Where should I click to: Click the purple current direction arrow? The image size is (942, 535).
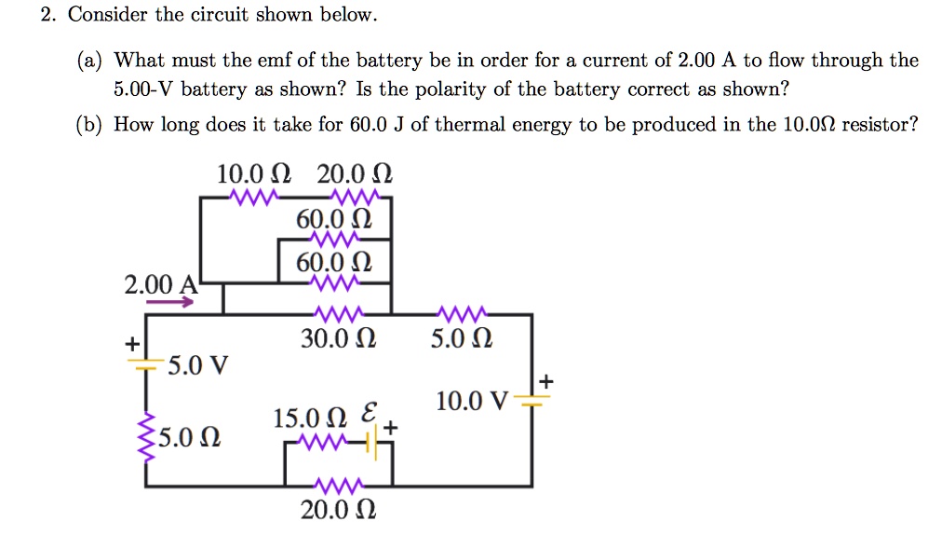coord(170,302)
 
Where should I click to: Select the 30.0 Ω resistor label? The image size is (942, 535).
coord(338,340)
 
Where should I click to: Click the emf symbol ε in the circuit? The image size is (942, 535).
coord(369,412)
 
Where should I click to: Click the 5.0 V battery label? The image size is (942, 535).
coord(197,364)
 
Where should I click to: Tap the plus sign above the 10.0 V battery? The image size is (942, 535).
coord(545,380)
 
